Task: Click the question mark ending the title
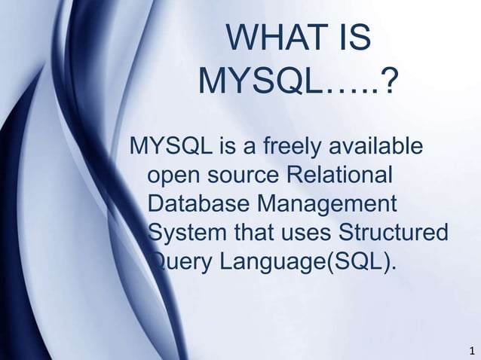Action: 388,82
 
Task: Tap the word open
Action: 173,175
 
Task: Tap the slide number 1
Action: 471,351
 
